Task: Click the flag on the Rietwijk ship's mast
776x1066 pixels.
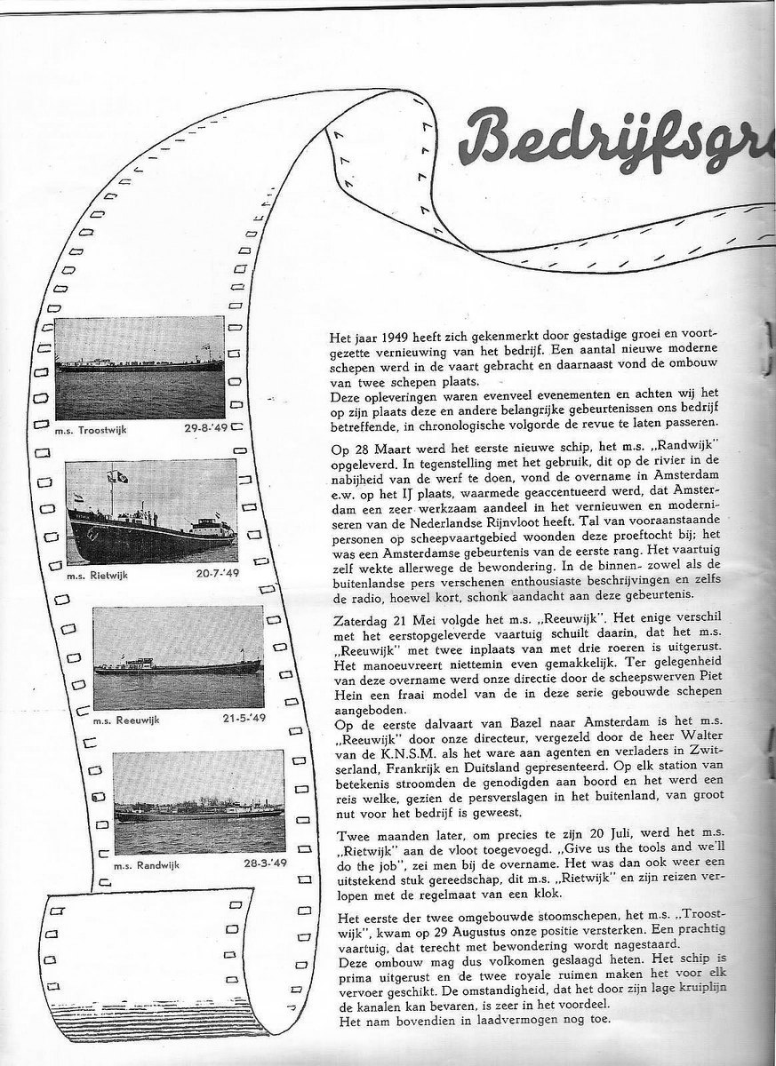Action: point(117,476)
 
